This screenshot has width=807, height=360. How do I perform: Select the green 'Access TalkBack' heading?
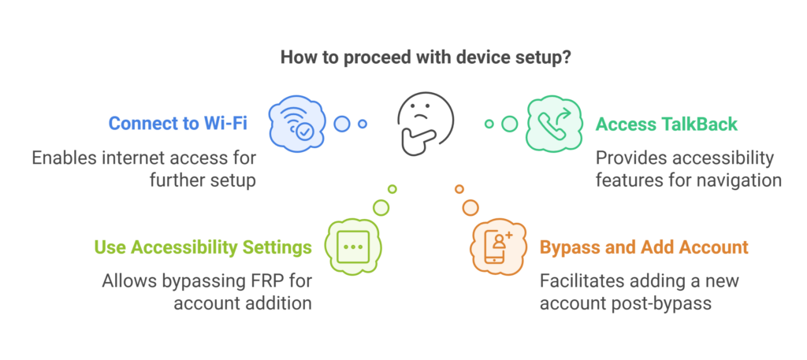[x=667, y=124]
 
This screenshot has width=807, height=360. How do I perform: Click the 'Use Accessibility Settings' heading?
[x=203, y=247]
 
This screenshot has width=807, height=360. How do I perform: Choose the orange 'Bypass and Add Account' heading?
[x=644, y=247]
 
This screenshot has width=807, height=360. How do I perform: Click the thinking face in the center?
[x=425, y=124]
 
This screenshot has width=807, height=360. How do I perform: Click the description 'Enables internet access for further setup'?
[x=144, y=169]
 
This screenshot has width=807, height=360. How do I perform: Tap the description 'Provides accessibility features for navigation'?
[x=688, y=169]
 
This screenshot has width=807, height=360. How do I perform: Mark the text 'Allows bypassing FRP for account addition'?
[x=206, y=291]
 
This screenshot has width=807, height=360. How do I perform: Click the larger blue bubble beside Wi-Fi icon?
[x=341, y=124]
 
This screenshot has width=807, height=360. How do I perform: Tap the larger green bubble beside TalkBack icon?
[x=510, y=124]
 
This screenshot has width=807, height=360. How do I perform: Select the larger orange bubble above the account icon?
[x=470, y=207]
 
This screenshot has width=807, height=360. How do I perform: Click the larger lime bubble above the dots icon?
[x=381, y=207]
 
